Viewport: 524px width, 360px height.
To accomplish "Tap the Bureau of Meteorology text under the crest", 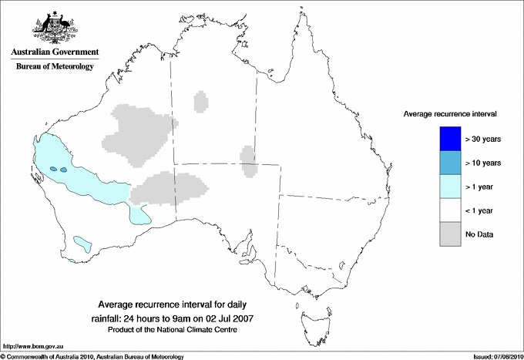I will (55, 67).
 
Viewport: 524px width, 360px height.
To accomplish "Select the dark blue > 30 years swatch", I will (450, 139).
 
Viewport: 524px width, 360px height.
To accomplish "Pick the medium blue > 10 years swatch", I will (450, 163).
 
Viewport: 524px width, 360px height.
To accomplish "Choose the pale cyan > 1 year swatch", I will (450, 187).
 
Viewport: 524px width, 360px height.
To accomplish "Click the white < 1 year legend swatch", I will (450, 210).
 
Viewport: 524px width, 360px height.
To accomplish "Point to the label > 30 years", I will (483, 140).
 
